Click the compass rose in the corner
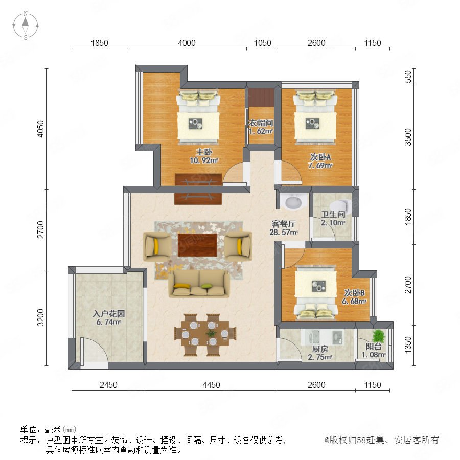point(26,25)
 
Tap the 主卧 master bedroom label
point(204,152)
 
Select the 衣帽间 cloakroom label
point(261,123)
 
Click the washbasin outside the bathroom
point(293,201)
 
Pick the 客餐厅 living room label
point(283,224)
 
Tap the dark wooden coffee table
point(197,245)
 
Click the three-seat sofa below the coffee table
point(199,283)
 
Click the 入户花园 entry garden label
point(108,314)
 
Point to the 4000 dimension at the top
point(187,43)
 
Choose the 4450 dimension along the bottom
point(211,385)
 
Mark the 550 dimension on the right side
point(408,77)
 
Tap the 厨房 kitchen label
point(320,349)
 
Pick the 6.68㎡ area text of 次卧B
point(354,301)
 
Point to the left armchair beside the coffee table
point(157,246)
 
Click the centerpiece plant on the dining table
point(211,334)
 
